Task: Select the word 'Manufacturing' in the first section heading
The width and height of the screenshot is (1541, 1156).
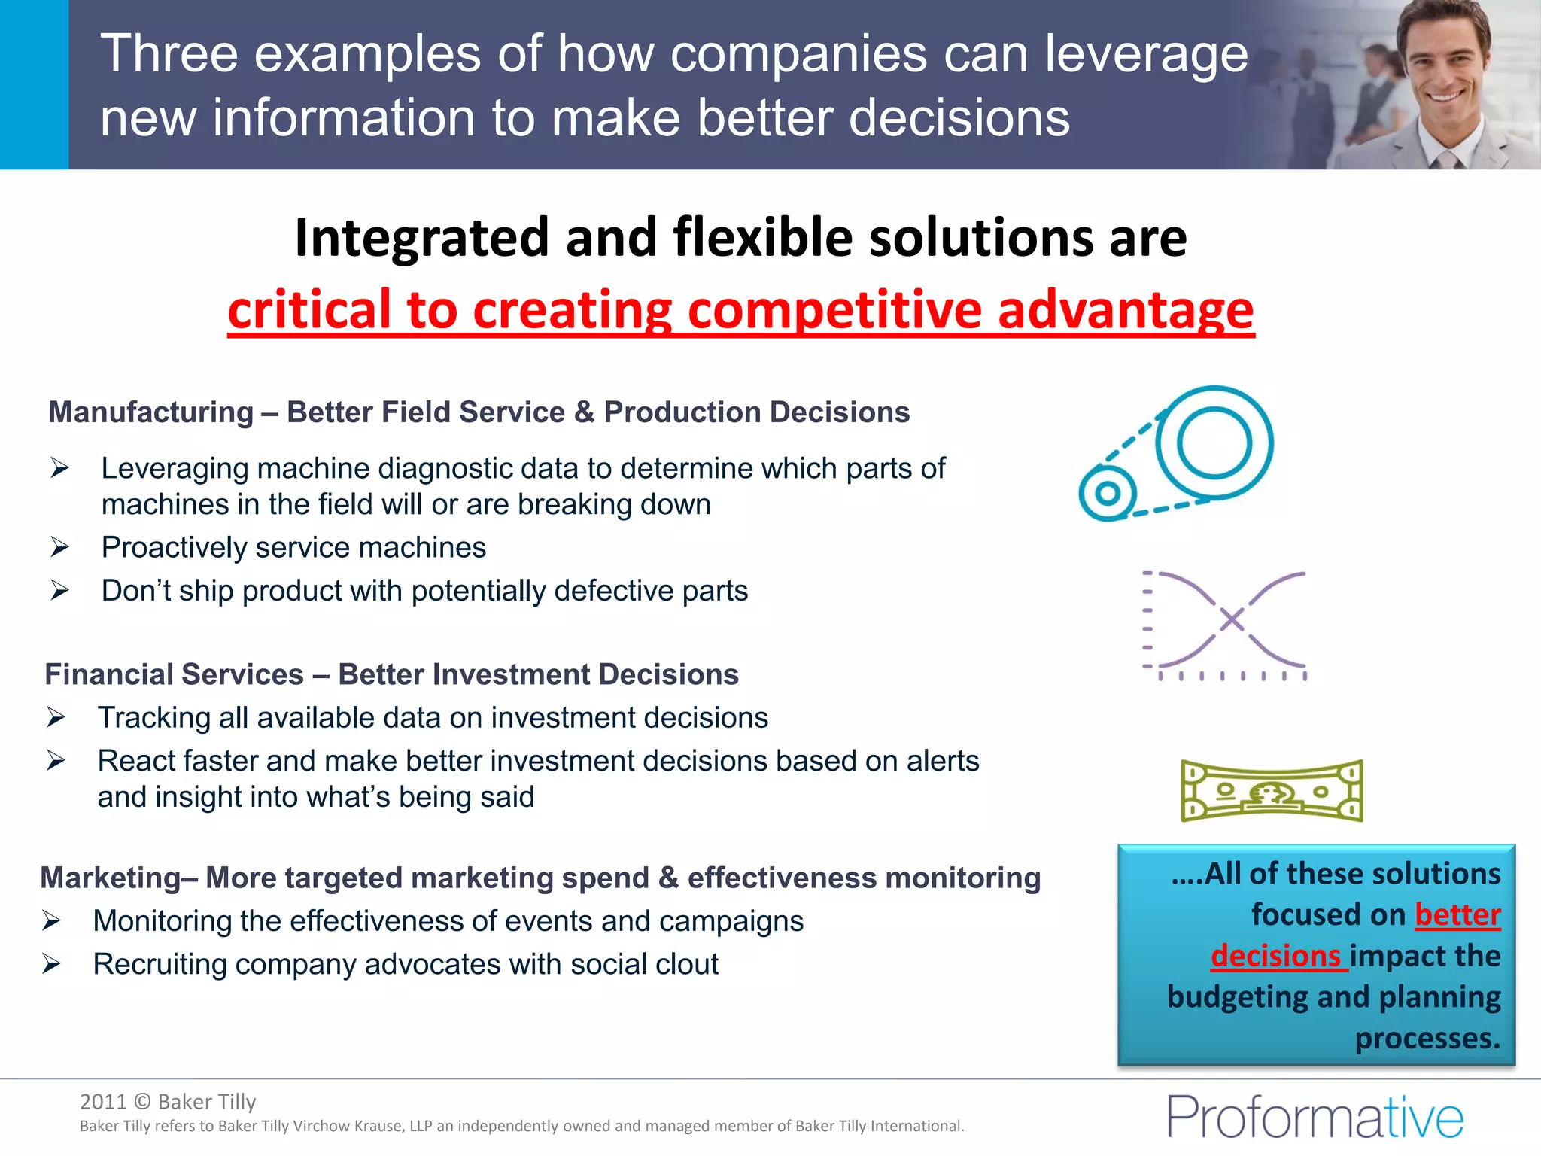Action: [x=151, y=412]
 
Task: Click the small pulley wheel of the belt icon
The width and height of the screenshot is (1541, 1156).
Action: [x=1107, y=494]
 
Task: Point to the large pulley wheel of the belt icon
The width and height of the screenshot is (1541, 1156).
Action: [x=1214, y=443]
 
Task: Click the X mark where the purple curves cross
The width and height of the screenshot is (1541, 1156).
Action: [x=1232, y=620]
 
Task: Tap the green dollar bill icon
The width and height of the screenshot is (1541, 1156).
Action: [x=1272, y=791]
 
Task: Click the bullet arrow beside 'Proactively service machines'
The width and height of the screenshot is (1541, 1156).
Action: [x=60, y=547]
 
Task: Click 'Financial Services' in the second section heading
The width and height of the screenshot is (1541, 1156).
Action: [x=174, y=674]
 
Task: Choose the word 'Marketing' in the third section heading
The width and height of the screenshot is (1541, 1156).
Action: [x=110, y=878]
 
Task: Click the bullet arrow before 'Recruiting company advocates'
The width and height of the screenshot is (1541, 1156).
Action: [x=51, y=963]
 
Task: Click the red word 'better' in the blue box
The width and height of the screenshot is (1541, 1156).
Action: [x=1457, y=915]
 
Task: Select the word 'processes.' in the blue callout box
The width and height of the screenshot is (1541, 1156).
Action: [x=1427, y=1039]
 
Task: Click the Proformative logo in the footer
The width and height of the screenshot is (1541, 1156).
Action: [x=1315, y=1117]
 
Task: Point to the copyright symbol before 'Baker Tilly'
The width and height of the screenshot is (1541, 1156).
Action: [x=142, y=1102]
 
